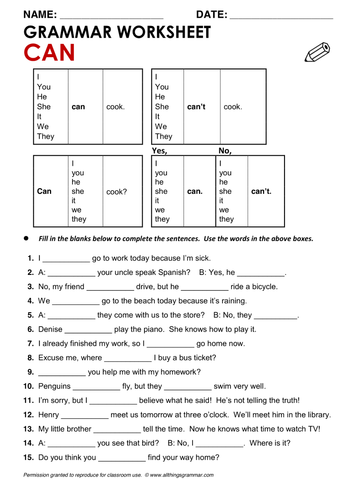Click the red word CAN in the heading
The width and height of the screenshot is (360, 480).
click(49, 53)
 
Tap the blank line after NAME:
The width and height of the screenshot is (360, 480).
click(111, 17)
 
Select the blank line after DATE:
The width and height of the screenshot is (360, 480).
click(281, 17)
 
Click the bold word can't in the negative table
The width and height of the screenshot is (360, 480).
click(196, 107)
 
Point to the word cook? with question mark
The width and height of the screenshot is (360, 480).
click(117, 192)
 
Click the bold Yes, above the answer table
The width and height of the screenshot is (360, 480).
click(159, 151)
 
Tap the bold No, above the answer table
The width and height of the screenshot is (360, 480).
click(225, 151)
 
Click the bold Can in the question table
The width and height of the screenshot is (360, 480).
click(44, 191)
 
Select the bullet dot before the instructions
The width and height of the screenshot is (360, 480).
click(26, 238)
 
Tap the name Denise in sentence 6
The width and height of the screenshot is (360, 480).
click(50, 329)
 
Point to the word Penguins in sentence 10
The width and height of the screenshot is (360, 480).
click(54, 386)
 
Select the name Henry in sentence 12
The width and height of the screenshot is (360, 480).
click(49, 415)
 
